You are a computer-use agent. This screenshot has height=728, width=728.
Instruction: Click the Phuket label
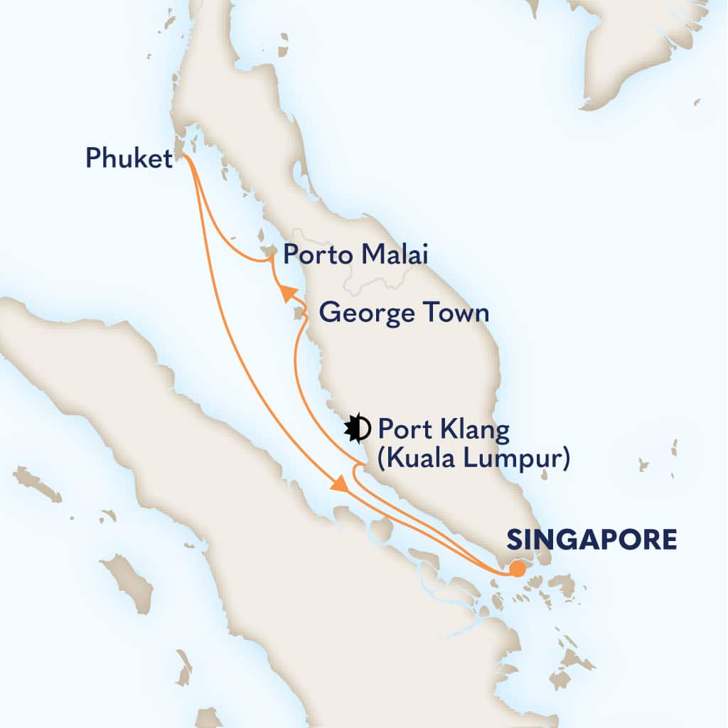pos(129,158)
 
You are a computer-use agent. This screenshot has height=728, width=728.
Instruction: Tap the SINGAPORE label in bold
pos(591,540)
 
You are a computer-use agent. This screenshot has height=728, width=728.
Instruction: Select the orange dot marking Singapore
pos(518,569)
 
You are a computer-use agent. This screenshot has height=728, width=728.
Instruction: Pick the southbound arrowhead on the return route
pos(340,483)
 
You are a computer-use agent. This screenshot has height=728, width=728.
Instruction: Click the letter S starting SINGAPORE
pos(514,540)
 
